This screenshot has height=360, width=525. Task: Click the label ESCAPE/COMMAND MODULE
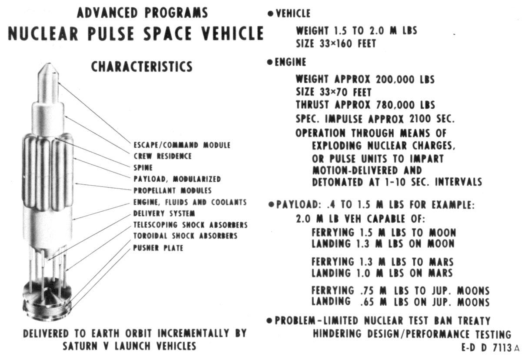tap(182, 145)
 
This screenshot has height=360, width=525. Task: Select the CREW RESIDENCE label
tap(162, 156)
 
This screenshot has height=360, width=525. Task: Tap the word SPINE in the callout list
tap(143, 167)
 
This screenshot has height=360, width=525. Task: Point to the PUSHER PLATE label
tap(158, 248)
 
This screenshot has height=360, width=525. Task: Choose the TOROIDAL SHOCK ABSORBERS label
tap(185, 236)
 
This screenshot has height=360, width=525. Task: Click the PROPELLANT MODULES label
tap(173, 190)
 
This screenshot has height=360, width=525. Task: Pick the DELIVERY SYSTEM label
tap(164, 213)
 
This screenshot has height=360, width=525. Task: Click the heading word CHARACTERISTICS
tap(142, 67)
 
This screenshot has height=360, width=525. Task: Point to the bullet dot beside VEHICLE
tap(270, 14)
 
